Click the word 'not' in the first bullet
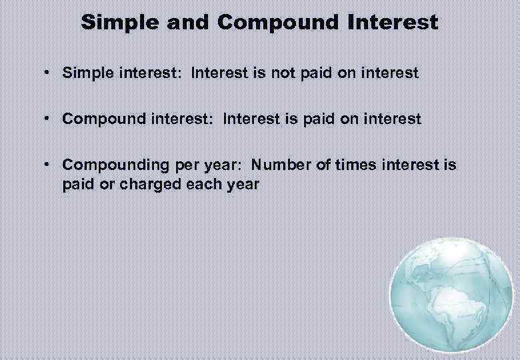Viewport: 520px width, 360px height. [x=267, y=73]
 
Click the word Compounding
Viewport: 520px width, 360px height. [x=110, y=165]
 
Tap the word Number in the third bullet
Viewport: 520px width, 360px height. [x=282, y=164]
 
